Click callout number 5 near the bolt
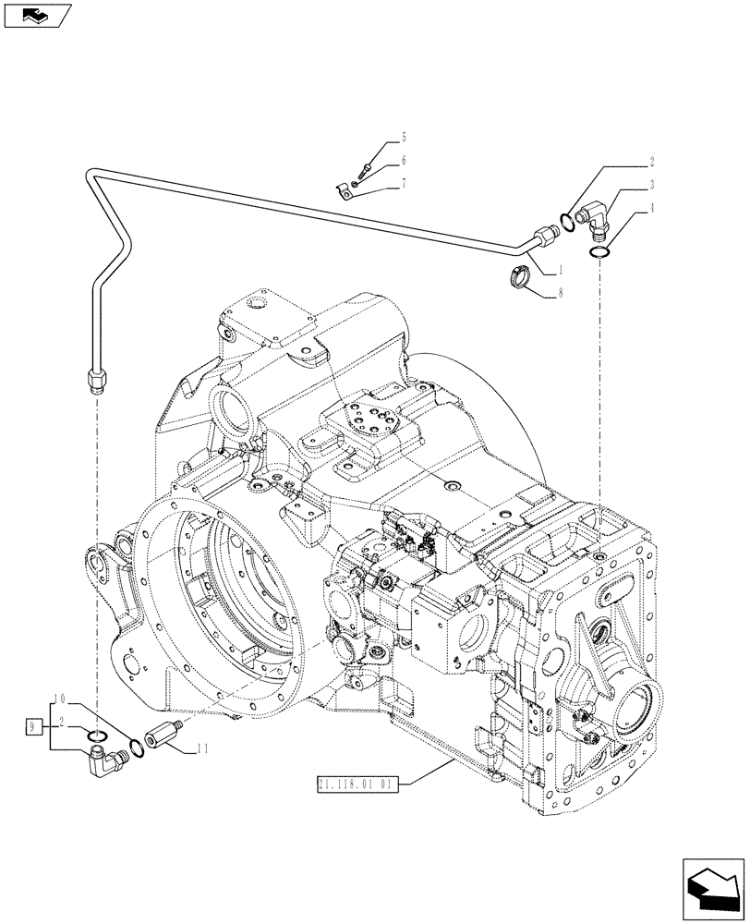click(402, 137)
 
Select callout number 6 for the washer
click(402, 161)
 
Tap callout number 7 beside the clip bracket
click(402, 185)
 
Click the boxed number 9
click(32, 724)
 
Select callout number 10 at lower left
click(58, 696)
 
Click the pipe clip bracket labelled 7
click(344, 189)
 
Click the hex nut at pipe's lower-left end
click(95, 379)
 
